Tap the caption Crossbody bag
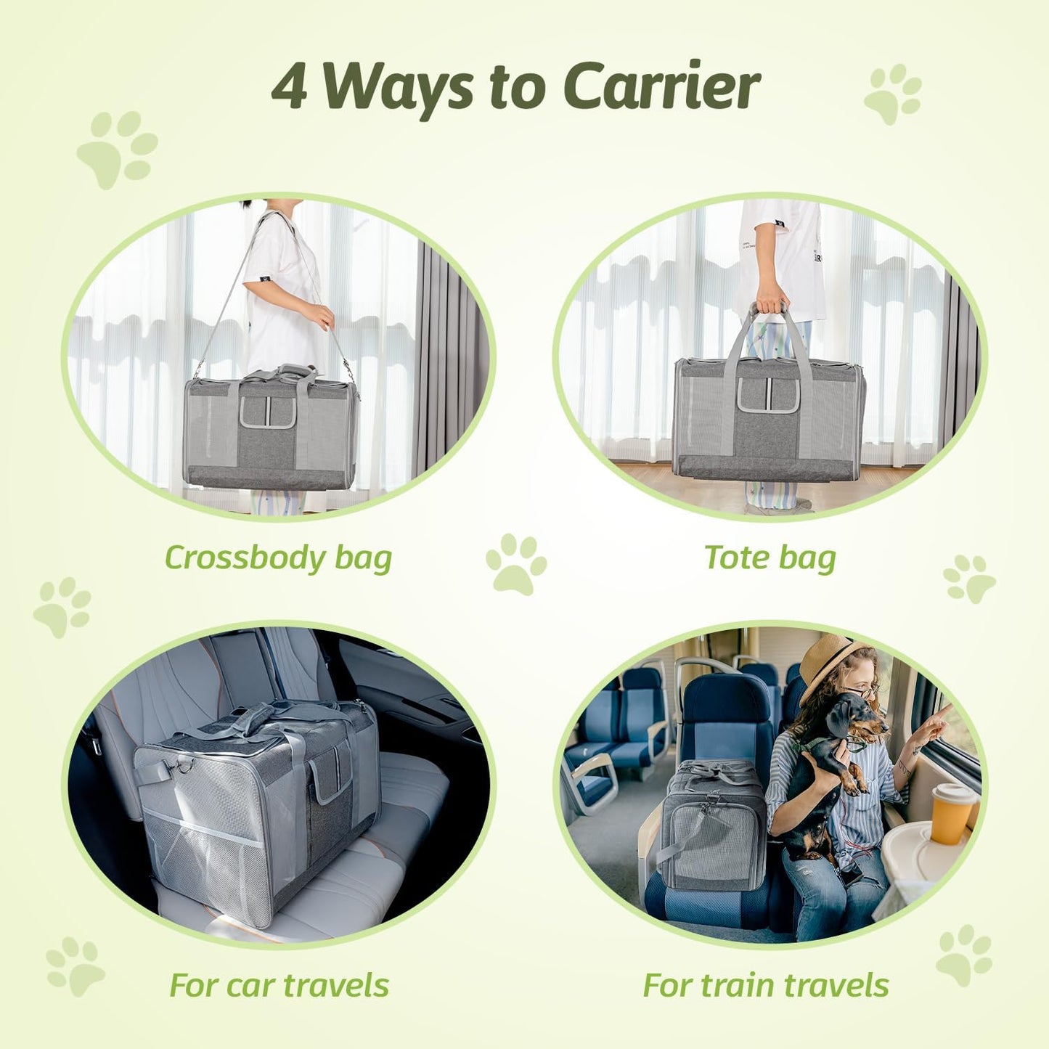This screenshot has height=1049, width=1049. (278, 558)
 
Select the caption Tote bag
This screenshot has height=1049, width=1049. (770, 558)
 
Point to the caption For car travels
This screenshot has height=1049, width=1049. (279, 985)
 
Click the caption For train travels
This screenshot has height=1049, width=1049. (766, 985)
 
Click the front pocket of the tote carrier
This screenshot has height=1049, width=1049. (768, 396)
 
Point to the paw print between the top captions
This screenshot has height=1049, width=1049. (515, 563)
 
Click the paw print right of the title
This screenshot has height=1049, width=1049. (893, 94)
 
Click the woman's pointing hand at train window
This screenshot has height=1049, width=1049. (936, 722)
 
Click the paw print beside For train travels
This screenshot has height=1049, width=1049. (964, 955)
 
